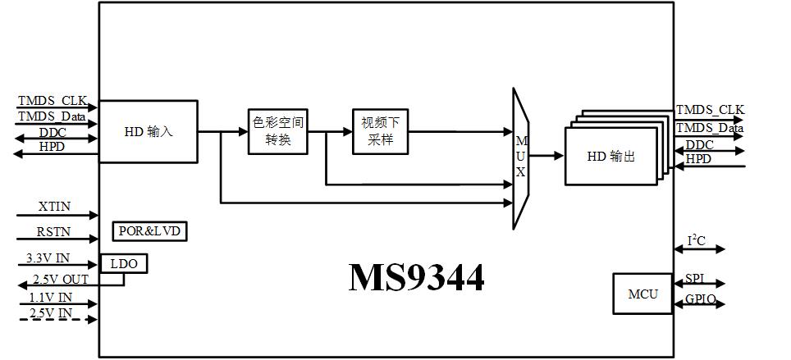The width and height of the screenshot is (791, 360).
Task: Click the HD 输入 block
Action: (x=148, y=131)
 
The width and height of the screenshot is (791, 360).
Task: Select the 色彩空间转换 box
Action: (x=278, y=130)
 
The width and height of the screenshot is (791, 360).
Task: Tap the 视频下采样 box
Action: (x=379, y=130)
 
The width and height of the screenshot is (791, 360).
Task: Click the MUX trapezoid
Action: (x=521, y=158)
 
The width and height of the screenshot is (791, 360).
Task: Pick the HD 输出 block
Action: (x=611, y=156)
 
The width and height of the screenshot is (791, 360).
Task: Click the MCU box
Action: (x=642, y=294)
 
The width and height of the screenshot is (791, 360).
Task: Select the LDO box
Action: (x=123, y=263)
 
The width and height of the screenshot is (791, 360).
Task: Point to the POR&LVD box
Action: (x=149, y=231)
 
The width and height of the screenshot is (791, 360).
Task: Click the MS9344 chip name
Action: (x=416, y=277)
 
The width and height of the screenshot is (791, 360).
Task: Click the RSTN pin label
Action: (x=54, y=232)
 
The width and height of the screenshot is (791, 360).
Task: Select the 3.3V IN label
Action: (x=48, y=257)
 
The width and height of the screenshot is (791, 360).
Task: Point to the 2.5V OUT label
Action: (x=59, y=280)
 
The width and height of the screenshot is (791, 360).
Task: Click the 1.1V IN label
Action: (x=51, y=297)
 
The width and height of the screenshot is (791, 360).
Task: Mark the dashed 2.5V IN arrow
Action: (x=57, y=319)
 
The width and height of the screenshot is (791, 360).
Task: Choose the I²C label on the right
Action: (x=696, y=241)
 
